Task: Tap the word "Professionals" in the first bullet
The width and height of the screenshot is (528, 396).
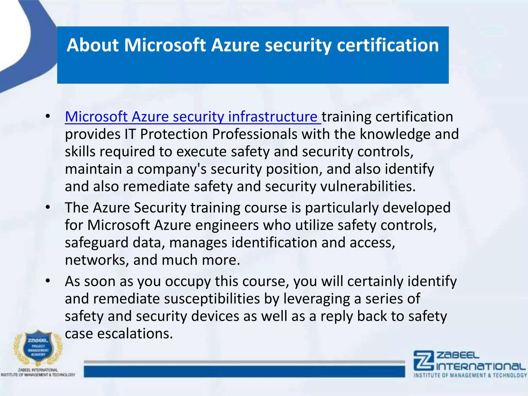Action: tap(255, 134)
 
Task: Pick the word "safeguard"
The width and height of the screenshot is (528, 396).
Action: tap(97, 243)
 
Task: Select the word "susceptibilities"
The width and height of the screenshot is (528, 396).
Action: tap(212, 299)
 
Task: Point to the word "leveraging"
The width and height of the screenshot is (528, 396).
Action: tap(317, 299)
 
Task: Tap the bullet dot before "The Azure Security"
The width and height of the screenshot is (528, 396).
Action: tap(48, 208)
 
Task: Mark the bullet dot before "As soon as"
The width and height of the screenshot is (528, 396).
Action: tap(48, 281)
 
